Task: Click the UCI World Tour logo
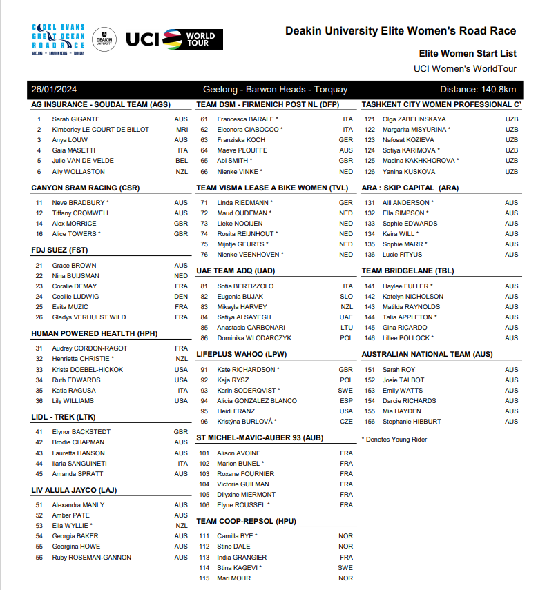175,39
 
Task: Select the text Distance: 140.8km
478,90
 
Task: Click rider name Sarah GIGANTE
76,119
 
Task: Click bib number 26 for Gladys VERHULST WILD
39,317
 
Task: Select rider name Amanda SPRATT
77,474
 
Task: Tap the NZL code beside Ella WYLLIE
181,526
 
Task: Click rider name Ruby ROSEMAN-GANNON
92,558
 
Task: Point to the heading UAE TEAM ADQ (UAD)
236,271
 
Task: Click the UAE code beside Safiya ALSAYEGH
346,317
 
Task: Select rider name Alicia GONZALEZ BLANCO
257,401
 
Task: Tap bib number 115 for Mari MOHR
204,578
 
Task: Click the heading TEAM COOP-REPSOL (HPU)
246,521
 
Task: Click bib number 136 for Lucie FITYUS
370,255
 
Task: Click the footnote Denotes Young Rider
396,439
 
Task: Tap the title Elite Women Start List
468,54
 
